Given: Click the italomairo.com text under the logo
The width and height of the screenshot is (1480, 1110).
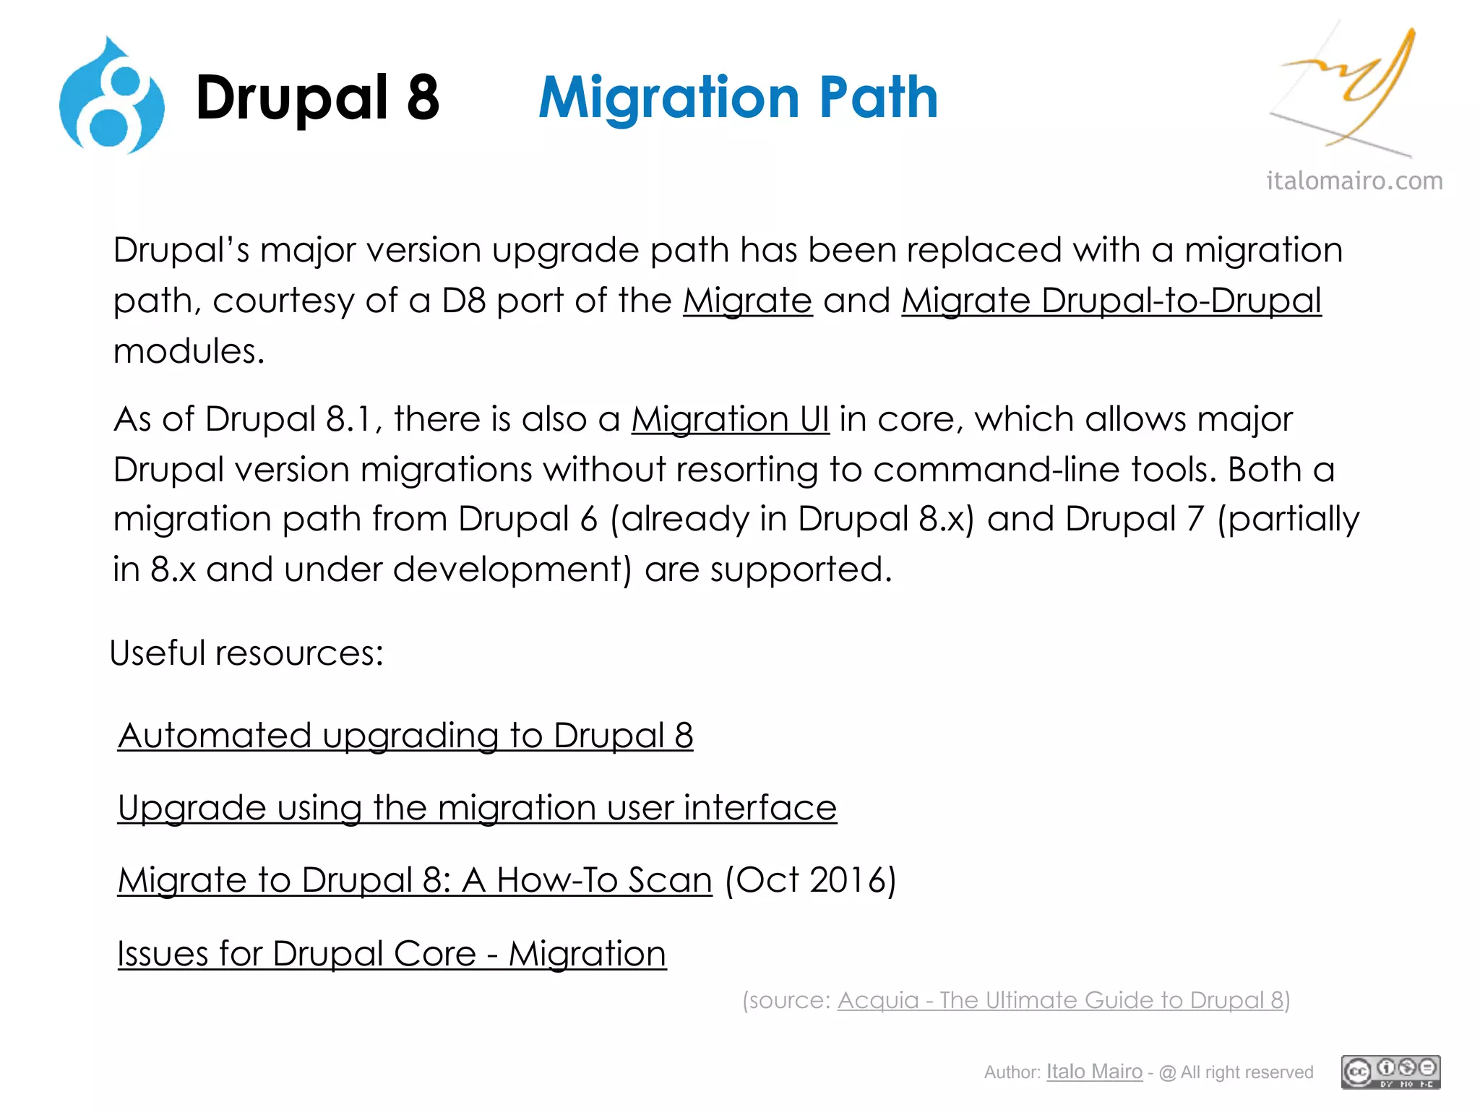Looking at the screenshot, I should coord(1354,181).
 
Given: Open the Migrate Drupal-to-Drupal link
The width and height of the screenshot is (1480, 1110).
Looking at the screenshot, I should coord(1111,301).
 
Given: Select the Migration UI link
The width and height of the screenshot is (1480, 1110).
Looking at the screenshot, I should coord(730,419).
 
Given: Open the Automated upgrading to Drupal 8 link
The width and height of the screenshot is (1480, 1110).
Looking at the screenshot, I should coord(405,736).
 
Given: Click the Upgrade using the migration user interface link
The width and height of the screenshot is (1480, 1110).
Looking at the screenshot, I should coord(477,808).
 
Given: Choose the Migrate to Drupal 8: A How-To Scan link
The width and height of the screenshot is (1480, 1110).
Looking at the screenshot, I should coord(415,880).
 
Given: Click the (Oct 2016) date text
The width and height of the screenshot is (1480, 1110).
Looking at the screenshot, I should coord(810,880).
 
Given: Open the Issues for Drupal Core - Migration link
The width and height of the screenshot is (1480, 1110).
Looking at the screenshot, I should coord(392,954).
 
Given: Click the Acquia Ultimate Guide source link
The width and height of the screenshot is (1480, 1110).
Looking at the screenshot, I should coord(1060,1000).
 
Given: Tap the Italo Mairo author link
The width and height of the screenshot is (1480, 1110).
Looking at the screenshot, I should coord(1094,1072).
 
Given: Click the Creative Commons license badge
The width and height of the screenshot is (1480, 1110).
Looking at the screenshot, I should coord(1390,1072).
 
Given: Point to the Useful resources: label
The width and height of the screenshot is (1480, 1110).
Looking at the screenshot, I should coord(246,653).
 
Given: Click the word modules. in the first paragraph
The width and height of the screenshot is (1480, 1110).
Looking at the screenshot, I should coord(189,351).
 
